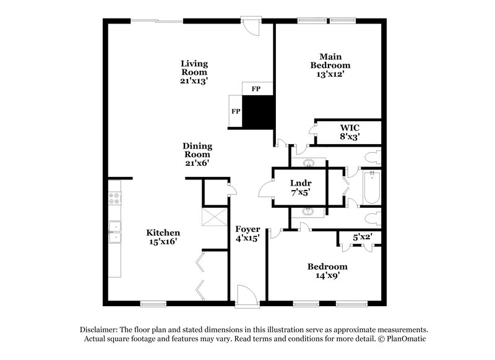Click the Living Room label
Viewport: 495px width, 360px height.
194,67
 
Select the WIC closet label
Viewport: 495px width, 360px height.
350,127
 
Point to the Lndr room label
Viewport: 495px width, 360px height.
300,183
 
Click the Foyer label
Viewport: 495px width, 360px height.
247,229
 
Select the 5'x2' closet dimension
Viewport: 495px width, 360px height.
363,236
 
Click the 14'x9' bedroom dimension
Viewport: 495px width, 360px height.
327,276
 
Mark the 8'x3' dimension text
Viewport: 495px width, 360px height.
350,136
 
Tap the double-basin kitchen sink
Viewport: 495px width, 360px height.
114,233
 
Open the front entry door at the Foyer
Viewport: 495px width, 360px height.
245,296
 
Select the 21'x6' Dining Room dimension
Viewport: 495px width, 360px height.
197,164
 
